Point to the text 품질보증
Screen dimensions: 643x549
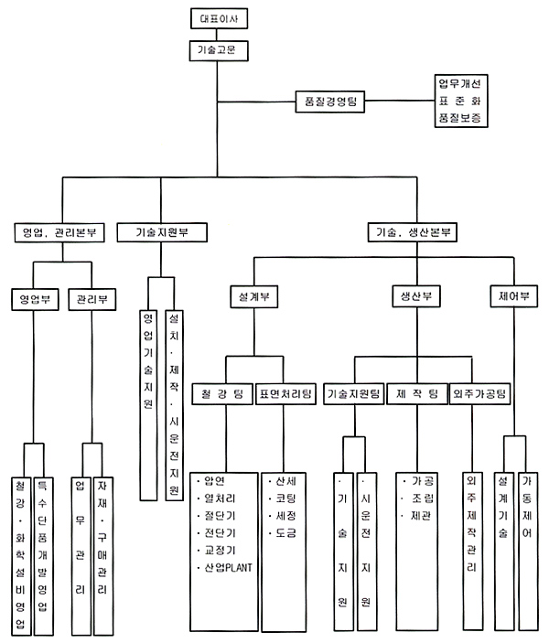tap(462, 119)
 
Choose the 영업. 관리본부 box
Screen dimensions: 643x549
tap(62, 232)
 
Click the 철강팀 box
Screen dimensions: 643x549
tap(222, 394)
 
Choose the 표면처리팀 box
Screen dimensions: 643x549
tap(287, 394)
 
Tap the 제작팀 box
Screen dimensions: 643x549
tap(417, 394)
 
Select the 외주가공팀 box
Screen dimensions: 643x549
tap(479, 394)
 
